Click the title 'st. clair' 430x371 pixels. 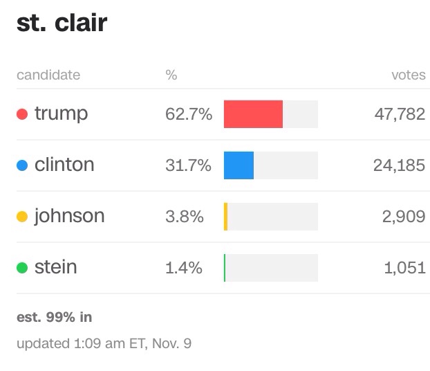pyautogui.click(x=62, y=23)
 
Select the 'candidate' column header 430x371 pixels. pyautogui.click(x=48, y=75)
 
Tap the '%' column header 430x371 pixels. pyautogui.click(x=171, y=75)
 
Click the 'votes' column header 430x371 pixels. pyautogui.click(x=408, y=75)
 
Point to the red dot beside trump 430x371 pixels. pyautogui.click(x=22, y=114)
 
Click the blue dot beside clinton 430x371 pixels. pyautogui.click(x=22, y=165)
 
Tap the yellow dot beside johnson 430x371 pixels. pyautogui.click(x=22, y=217)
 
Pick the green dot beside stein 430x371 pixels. pyautogui.click(x=22, y=268)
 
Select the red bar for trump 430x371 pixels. pyautogui.click(x=253, y=114)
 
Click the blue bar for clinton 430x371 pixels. pyautogui.click(x=239, y=165)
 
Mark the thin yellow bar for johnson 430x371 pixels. pyautogui.click(x=225, y=217)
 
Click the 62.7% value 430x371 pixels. pyautogui.click(x=188, y=114)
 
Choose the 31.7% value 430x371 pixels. pyautogui.click(x=188, y=165)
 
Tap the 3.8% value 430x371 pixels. pyautogui.click(x=184, y=217)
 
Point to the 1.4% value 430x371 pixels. pyautogui.click(x=184, y=268)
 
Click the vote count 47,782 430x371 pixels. pyautogui.click(x=400, y=114)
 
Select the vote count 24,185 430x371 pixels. pyautogui.click(x=400, y=165)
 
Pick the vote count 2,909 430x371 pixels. pyautogui.click(x=404, y=217)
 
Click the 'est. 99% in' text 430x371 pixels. pyautogui.click(x=54, y=318)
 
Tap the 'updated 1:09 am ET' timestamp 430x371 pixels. pyautogui.click(x=104, y=343)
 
